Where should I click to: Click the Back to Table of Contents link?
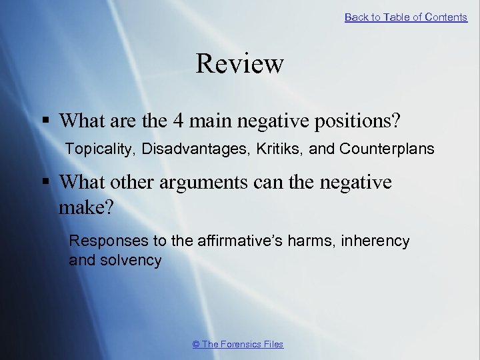tap(405, 17)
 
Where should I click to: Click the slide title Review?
tap(240, 64)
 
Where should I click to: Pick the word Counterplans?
tap(387, 149)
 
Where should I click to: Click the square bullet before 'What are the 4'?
tap(46, 121)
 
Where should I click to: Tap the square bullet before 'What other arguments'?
tap(46, 182)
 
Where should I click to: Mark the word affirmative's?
tap(237, 241)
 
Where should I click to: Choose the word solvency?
tap(130, 260)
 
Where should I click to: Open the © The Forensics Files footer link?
tap(238, 344)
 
